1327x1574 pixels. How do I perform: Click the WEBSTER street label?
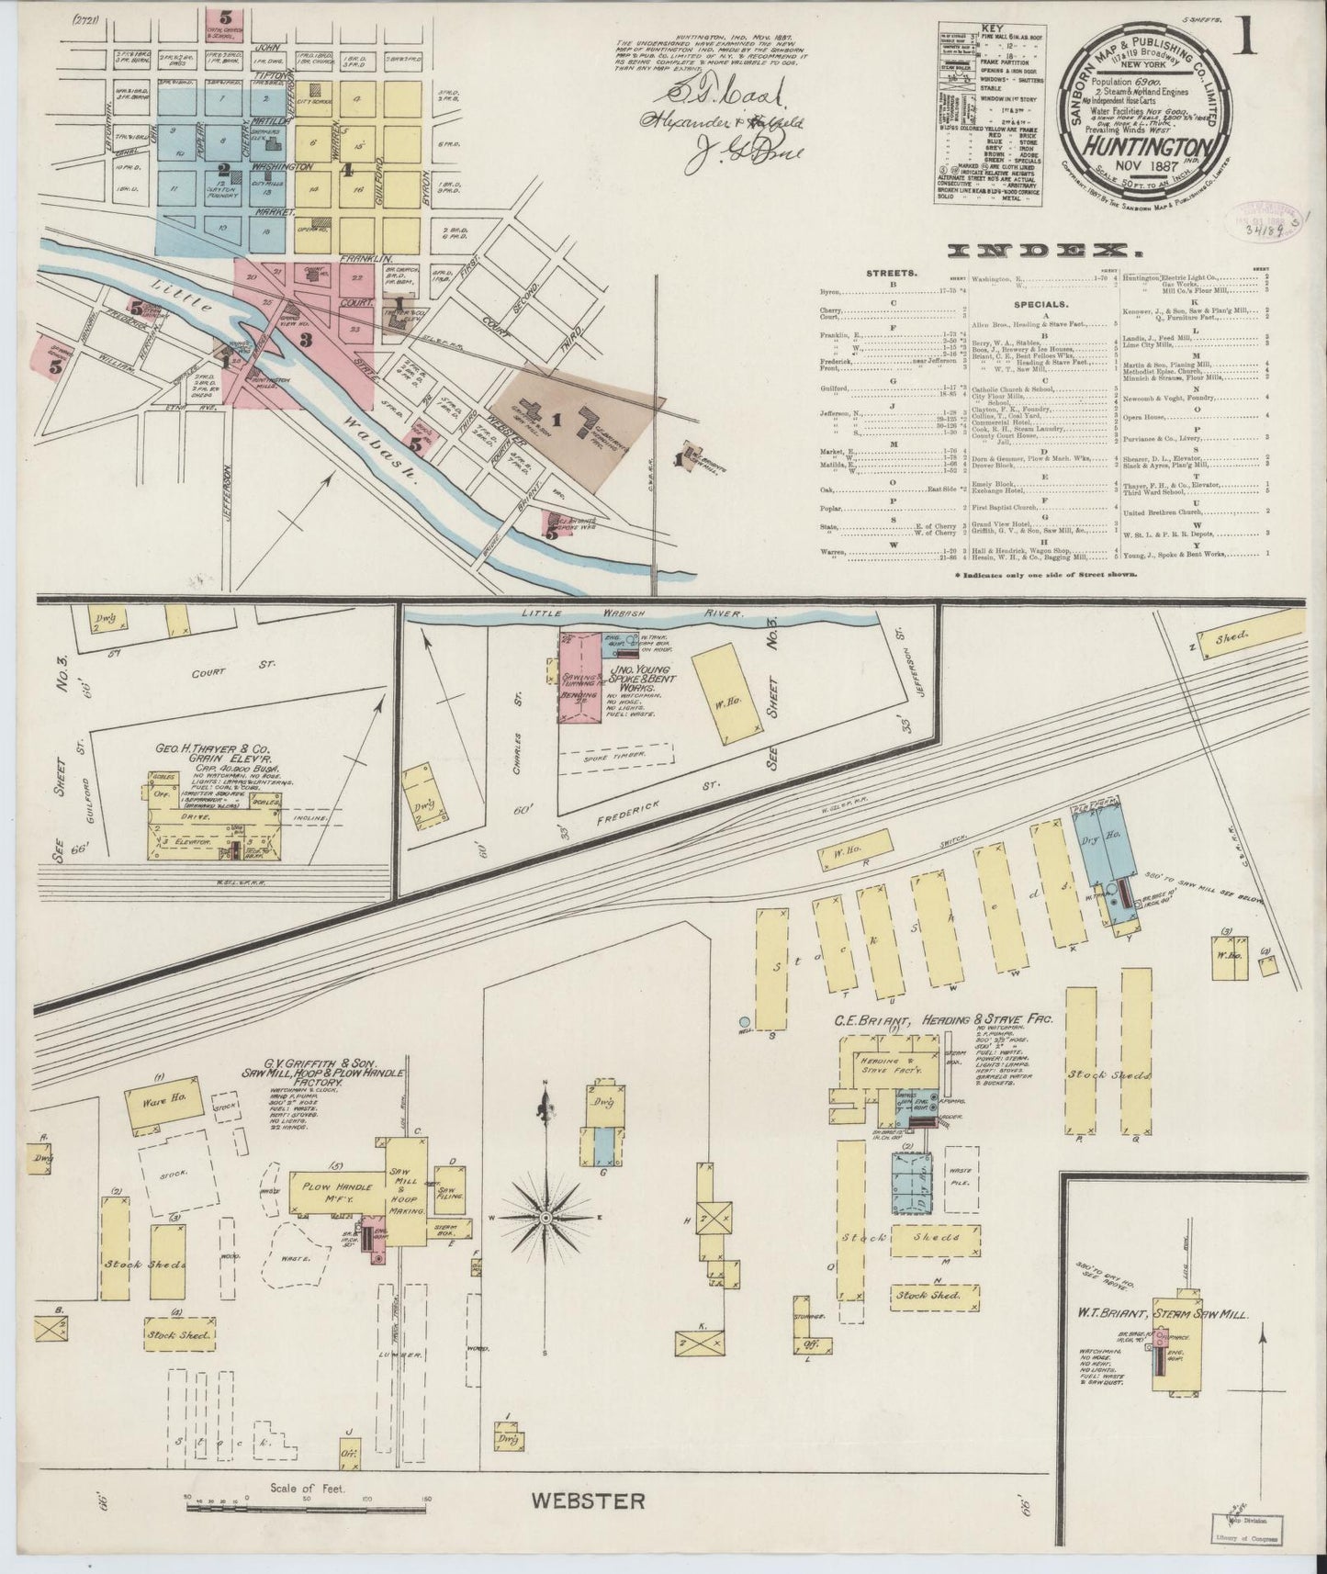tap(588, 1501)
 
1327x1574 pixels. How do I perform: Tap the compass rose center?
tap(545, 1218)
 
